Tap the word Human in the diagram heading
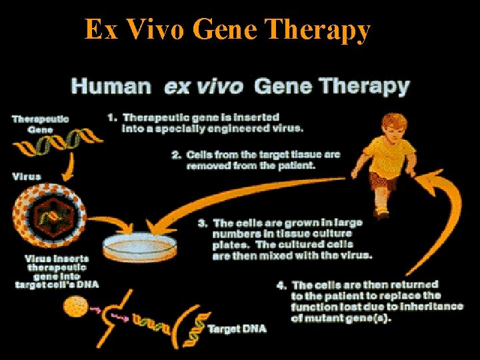(111, 86)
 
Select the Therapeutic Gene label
(40, 124)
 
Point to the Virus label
(27, 177)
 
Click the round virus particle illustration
(49, 217)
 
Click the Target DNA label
(237, 329)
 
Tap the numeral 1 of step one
(111, 118)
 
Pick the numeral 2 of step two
(176, 155)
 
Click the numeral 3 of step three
(201, 223)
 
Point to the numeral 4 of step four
(281, 285)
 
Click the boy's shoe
(382, 214)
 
